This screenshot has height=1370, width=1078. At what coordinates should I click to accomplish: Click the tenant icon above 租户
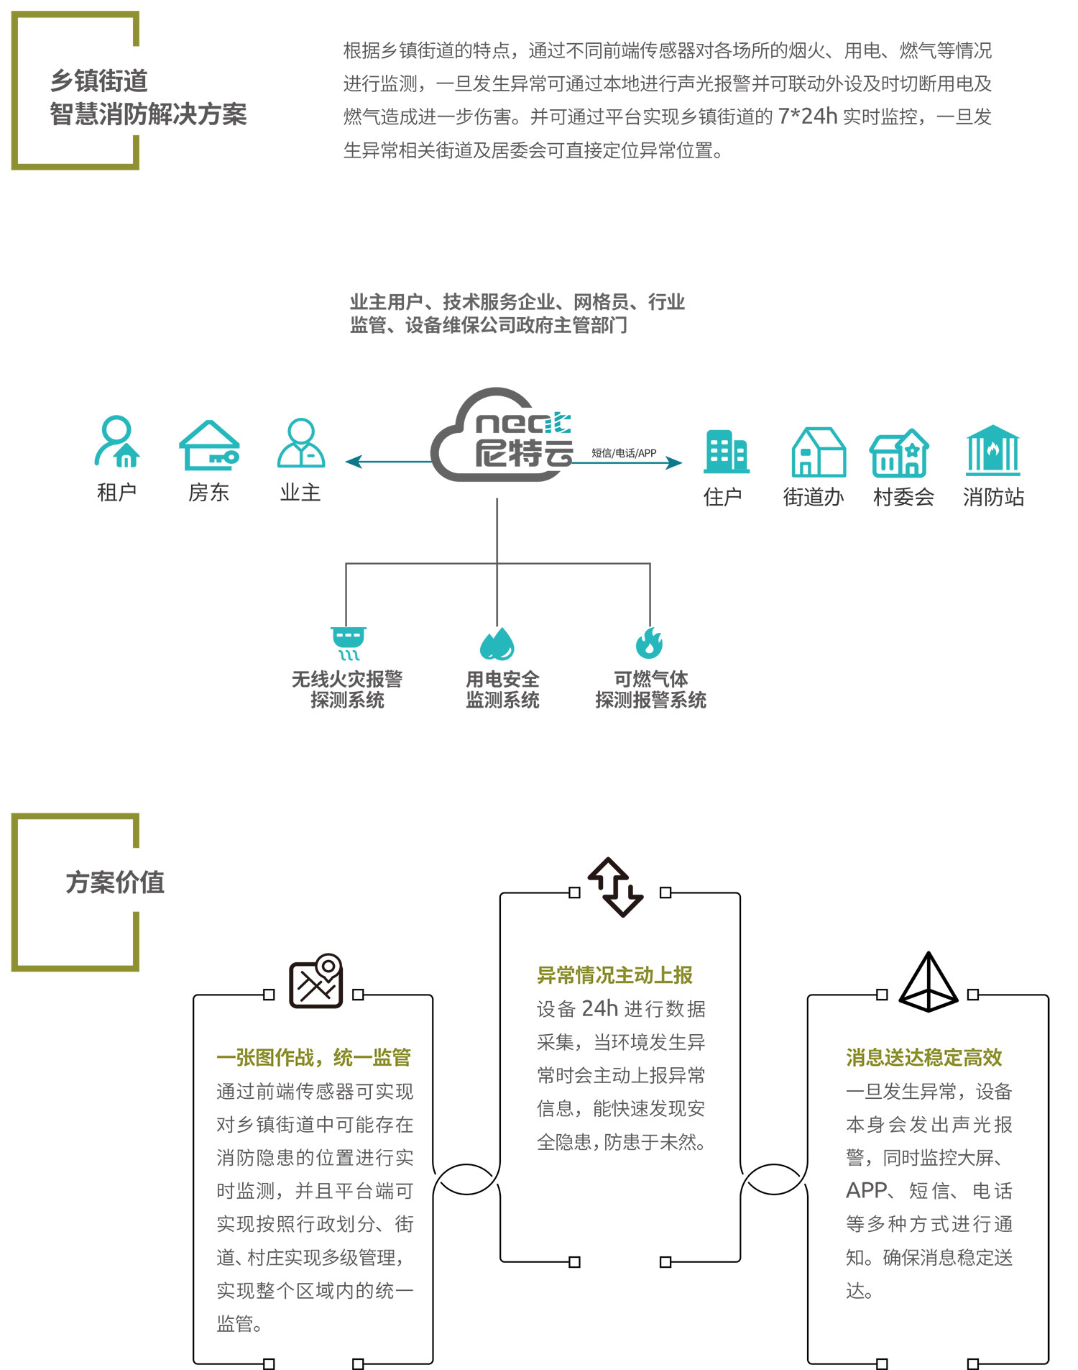(116, 441)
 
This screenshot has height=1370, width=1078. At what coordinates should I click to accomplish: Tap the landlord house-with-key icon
(209, 446)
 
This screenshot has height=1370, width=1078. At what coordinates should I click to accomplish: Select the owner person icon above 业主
(301, 443)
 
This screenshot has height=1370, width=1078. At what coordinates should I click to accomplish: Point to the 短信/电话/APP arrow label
(624, 453)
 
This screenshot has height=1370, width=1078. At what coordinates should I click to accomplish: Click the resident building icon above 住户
(726, 452)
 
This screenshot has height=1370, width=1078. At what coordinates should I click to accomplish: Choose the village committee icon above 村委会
(899, 453)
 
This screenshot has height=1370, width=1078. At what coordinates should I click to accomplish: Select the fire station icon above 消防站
(992, 450)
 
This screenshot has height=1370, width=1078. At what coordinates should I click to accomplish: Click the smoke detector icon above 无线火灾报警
(349, 643)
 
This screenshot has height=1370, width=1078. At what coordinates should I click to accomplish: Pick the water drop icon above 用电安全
(497, 644)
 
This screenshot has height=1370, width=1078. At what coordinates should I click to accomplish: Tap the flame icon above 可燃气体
(649, 643)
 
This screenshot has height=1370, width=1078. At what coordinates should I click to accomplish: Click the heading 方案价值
(115, 882)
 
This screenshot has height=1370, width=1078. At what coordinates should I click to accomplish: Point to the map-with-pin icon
(316, 981)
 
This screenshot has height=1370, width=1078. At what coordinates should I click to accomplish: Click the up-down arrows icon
(616, 887)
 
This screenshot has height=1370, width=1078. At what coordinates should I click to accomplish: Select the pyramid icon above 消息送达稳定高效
(929, 982)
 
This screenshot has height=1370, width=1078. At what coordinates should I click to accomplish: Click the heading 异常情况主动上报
(614, 975)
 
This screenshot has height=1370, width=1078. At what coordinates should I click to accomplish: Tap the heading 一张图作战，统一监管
(313, 1057)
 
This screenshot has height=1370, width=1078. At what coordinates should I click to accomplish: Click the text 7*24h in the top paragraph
(807, 117)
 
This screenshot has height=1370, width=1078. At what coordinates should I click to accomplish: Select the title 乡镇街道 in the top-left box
(99, 81)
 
